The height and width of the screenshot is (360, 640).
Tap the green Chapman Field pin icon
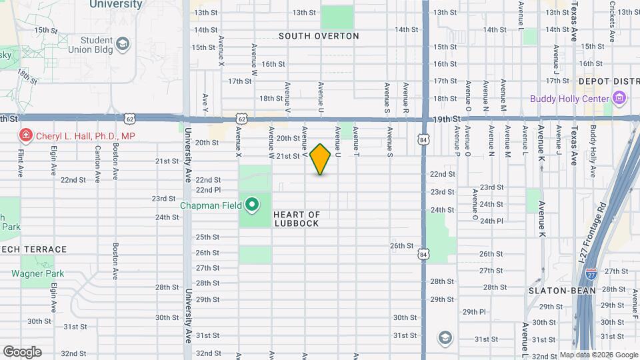[x=252, y=205]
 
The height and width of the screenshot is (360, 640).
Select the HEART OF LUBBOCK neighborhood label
[x=297, y=219]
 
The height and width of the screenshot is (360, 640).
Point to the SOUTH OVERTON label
[x=319, y=36]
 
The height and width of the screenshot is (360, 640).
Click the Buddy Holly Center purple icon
[x=620, y=99]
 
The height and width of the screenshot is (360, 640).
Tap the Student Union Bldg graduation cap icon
[x=123, y=45]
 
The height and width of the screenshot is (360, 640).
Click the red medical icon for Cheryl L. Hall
[x=25, y=136]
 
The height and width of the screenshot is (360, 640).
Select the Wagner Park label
[x=37, y=273]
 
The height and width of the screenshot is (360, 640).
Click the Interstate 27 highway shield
[x=591, y=273]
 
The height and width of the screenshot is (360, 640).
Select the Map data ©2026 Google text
[x=598, y=355]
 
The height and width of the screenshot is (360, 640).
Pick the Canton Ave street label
[x=98, y=165]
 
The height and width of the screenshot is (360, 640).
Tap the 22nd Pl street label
[x=208, y=190]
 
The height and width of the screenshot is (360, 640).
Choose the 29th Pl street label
[x=474, y=311]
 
